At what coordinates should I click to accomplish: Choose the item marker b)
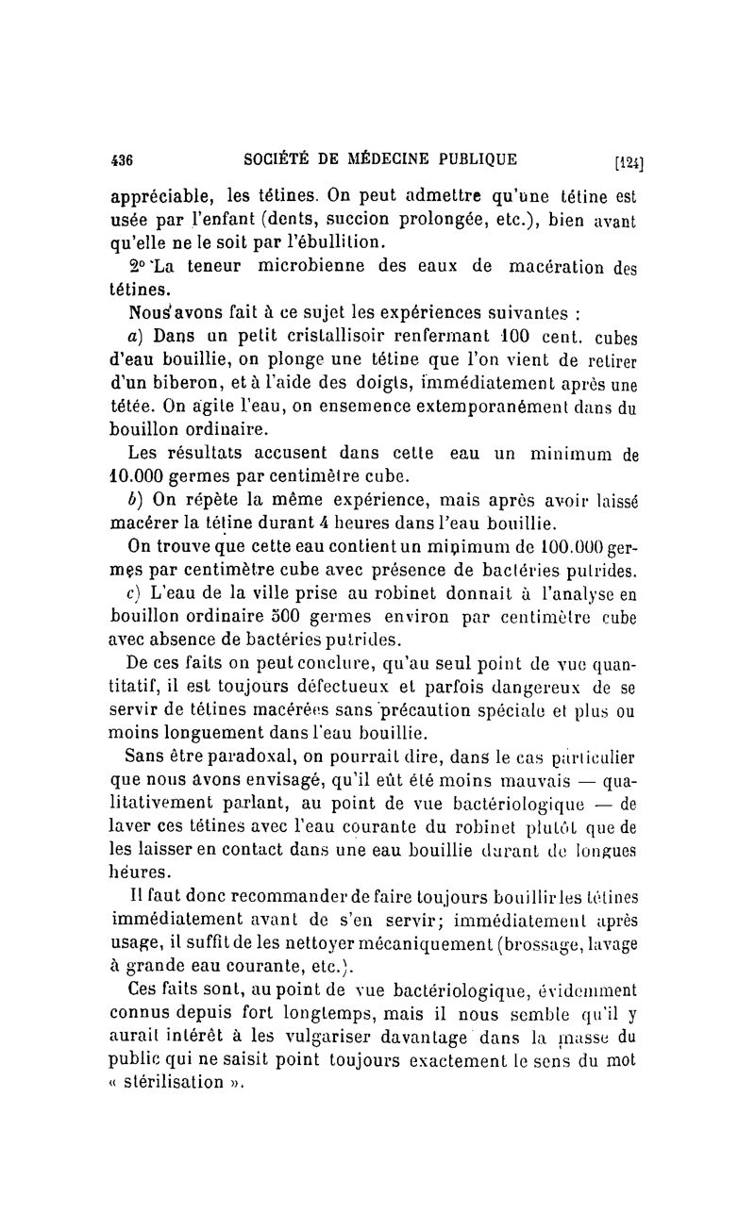[137, 498]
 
